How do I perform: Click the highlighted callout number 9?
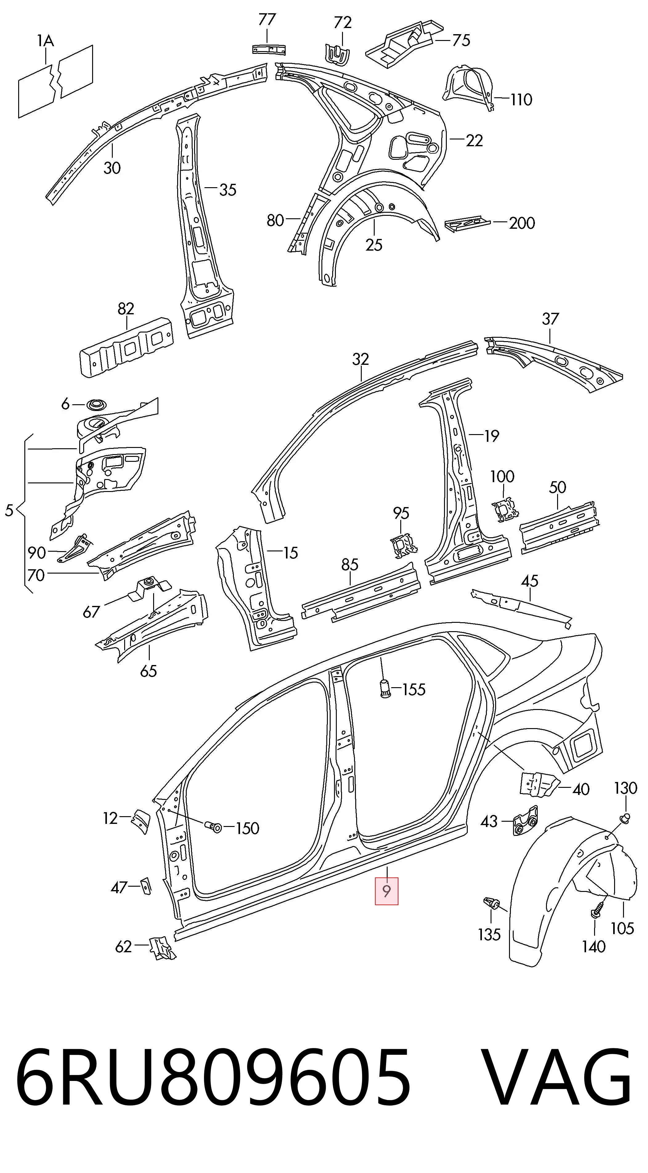pyautogui.click(x=386, y=891)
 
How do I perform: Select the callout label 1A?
pyautogui.click(x=46, y=42)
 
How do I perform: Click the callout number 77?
pyautogui.click(x=267, y=20)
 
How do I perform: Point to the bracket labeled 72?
pyautogui.click(x=337, y=54)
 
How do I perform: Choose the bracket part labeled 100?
pyautogui.click(x=505, y=509)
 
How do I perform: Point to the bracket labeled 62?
pyautogui.click(x=162, y=945)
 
